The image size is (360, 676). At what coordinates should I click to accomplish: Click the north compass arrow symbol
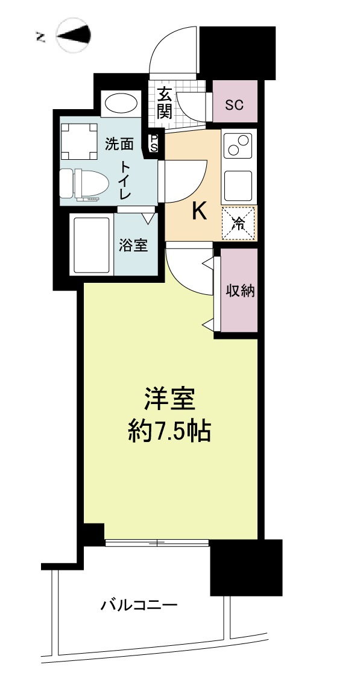(74, 36)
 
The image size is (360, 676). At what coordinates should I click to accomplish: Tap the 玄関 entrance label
(164, 104)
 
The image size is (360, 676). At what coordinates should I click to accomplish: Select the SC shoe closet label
(235, 104)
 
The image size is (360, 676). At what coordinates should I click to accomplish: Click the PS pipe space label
(154, 143)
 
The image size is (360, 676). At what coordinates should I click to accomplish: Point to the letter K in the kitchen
(199, 211)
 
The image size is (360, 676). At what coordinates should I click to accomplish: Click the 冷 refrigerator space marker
(238, 223)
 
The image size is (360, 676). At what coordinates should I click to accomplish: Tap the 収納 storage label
(241, 291)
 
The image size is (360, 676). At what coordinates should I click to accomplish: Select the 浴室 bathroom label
(134, 246)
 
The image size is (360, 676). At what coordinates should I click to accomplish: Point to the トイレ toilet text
(125, 180)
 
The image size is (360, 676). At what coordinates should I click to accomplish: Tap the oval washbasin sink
(122, 104)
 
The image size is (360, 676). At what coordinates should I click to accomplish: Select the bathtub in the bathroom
(92, 245)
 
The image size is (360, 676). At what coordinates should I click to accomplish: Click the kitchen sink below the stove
(238, 186)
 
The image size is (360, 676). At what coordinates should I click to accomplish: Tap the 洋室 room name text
(170, 399)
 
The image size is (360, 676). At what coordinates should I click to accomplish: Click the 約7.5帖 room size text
(169, 431)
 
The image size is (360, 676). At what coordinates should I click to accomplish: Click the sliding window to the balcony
(157, 543)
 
